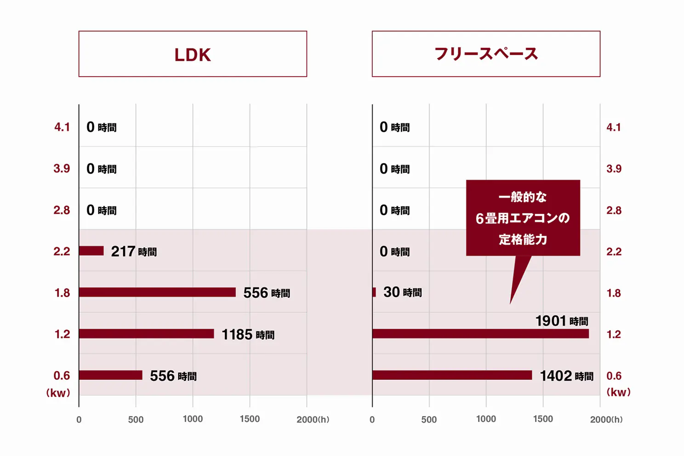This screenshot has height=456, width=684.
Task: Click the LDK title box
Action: coord(193,54)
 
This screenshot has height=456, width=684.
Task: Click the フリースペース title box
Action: coord(486,54)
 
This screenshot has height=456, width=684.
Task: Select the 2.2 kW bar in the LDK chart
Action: coord(91,251)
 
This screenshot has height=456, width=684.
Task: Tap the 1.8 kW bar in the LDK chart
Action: coord(157,292)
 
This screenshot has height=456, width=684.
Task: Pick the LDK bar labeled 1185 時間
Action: coord(146,334)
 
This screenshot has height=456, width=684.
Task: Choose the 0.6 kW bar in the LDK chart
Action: coord(110,375)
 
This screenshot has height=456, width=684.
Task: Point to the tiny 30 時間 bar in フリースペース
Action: coord(374,292)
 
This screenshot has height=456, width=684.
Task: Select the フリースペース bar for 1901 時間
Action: coord(480,334)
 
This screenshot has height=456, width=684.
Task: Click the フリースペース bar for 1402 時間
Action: coord(452,375)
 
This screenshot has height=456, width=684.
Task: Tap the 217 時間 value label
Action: coord(134,252)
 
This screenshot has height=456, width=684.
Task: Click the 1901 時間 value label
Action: coord(562,321)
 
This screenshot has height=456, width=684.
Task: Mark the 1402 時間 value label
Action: coord(566,376)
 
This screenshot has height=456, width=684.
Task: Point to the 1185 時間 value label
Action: coord(248,335)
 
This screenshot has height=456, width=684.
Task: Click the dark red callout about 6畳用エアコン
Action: coord(523,218)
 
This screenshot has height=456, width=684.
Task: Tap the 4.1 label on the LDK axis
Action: coord(62,127)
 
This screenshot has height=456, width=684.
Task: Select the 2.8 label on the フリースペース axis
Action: coord(614,210)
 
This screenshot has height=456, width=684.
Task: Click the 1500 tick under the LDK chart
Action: coord(250,419)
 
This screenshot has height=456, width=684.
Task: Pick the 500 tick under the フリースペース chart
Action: coord(429,419)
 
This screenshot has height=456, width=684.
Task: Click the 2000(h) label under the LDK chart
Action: coord(313,419)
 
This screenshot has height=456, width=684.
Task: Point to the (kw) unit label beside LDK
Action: coord(58,393)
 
